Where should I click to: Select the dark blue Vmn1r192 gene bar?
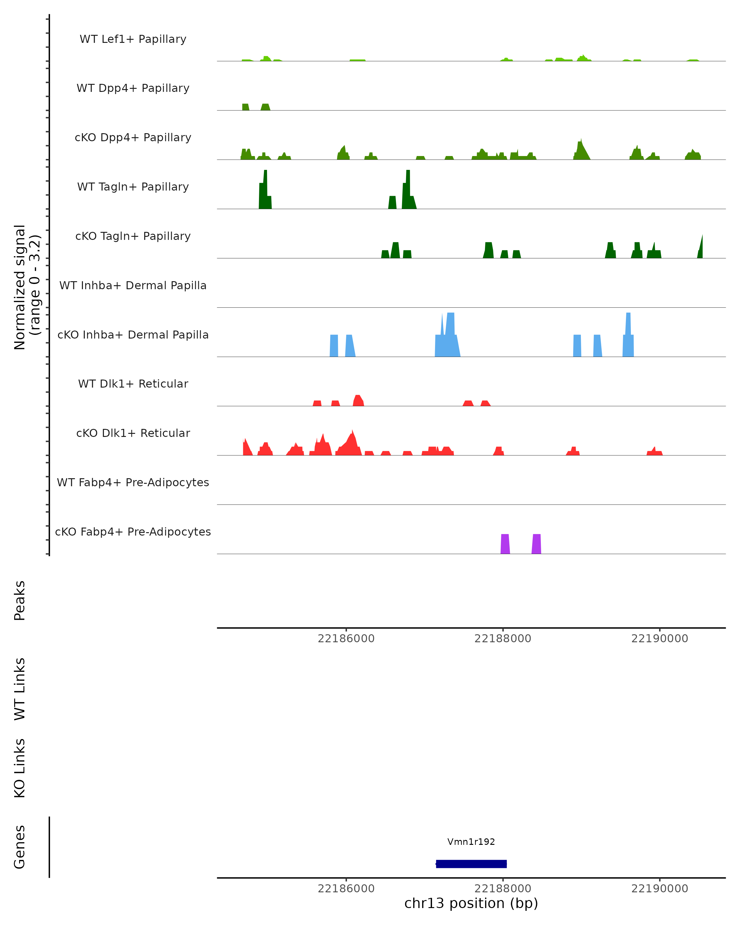point(471,864)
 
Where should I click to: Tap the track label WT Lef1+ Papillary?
point(133,39)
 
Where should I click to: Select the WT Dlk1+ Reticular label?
point(133,384)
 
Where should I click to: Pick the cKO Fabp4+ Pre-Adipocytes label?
point(133,532)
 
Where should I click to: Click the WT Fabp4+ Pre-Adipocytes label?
point(133,482)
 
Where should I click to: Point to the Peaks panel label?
point(20,600)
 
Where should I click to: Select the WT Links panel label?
point(20,689)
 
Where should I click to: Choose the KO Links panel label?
point(20,768)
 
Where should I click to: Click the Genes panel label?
point(20,847)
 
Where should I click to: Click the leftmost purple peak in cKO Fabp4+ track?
point(505,544)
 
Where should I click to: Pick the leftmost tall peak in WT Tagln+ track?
point(265,189)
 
